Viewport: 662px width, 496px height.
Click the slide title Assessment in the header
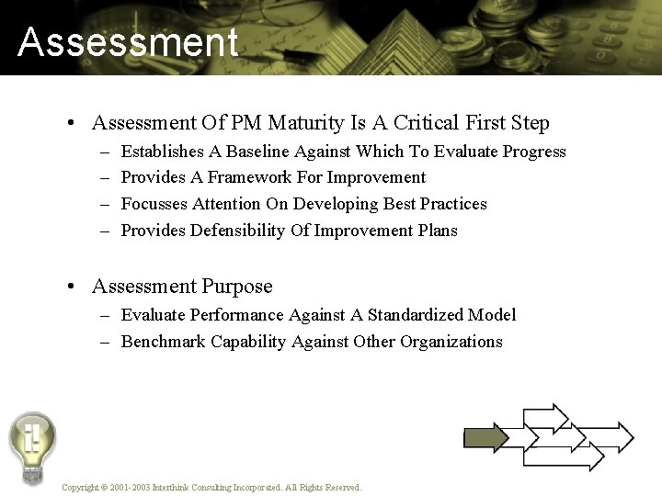[x=127, y=42]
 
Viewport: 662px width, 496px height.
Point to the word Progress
[x=531, y=151]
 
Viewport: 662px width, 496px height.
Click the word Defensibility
[x=237, y=231]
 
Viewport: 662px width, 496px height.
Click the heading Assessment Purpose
[x=182, y=287]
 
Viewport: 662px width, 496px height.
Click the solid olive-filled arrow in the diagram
[x=485, y=437]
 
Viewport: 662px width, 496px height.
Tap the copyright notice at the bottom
[x=211, y=487]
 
